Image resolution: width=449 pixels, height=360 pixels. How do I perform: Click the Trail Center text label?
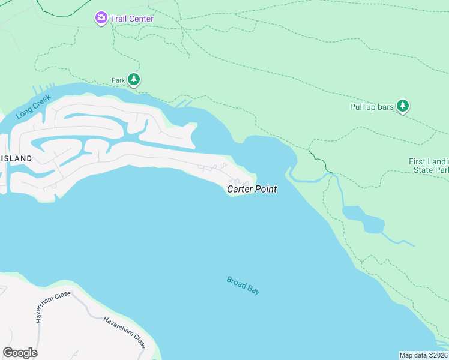pos(131,19)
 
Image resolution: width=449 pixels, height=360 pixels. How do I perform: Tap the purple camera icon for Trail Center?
pos(101,19)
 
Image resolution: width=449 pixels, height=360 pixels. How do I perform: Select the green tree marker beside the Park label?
pos(134,80)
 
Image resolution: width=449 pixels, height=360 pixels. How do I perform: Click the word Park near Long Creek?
pos(118,80)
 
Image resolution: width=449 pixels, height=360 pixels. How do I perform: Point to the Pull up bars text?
pos(372,107)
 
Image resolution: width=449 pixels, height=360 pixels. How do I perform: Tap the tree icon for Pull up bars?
pos(403,106)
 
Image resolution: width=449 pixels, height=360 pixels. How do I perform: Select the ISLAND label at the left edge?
pos(16,158)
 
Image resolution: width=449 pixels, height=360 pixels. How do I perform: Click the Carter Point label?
pos(252,190)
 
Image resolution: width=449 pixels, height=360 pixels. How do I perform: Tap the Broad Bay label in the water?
pos(243,285)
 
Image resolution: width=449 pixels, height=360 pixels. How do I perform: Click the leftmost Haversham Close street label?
pos(53,307)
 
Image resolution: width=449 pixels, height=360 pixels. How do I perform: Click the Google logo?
pos(20,353)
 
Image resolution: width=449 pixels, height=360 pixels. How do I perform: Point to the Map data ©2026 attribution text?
pos(423,355)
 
